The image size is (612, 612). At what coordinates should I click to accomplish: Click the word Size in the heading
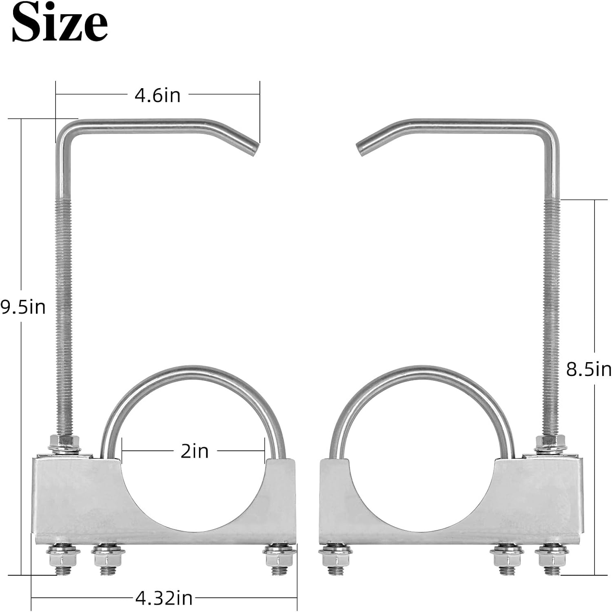60,22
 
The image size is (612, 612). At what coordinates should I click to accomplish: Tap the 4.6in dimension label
157,95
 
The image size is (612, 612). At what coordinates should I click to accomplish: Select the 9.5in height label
23,307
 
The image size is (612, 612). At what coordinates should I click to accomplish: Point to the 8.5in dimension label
589,369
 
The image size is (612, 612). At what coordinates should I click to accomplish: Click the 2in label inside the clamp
195,451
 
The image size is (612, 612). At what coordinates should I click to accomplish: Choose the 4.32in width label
164,599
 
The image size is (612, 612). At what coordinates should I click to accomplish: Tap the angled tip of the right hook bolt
361,149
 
